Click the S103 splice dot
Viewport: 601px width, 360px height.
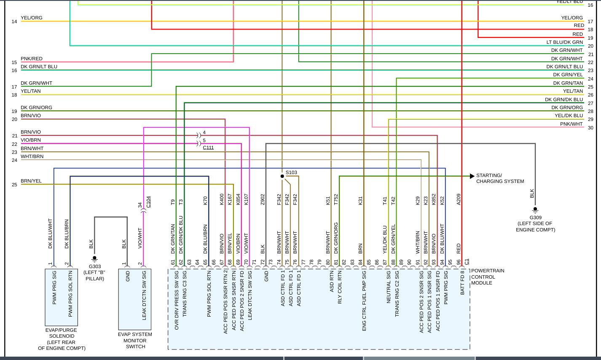tap(282, 176)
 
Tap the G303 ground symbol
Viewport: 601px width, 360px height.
tap(94, 259)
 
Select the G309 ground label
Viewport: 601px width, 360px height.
tap(535, 218)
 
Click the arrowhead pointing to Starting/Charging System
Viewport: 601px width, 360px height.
tap(472, 176)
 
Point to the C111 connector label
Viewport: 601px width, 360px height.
tap(208, 148)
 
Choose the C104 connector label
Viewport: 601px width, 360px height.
tap(148, 202)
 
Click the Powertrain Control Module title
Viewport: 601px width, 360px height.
tap(488, 277)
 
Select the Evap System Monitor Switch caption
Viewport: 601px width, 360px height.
tap(135, 341)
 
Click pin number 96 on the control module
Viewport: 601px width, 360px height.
tap(459, 262)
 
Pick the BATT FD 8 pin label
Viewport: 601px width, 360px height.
tap(462, 282)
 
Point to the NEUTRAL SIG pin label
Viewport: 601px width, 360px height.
tap(389, 287)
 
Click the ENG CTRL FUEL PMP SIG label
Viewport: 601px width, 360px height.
tap(364, 301)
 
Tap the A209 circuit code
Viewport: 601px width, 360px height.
tap(459, 199)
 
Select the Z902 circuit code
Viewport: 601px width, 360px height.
tap(263, 199)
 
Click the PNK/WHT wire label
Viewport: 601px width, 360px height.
tap(571, 124)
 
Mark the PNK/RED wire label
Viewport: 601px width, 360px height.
tap(32, 59)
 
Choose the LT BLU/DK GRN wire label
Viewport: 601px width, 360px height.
tap(564, 42)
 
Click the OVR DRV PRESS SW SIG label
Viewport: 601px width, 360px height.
tap(177, 300)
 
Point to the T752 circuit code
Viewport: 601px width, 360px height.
tap(336, 199)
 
